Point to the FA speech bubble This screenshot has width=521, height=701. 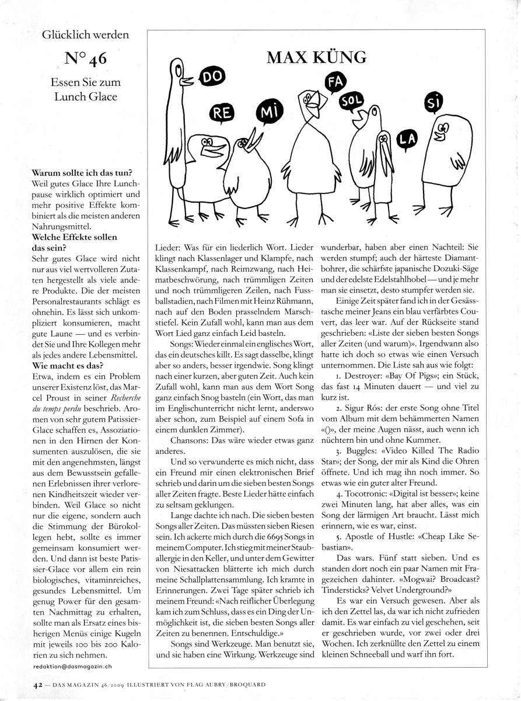(x=335, y=83)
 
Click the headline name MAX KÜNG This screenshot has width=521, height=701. (x=317, y=57)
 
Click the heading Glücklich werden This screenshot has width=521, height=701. (x=85, y=35)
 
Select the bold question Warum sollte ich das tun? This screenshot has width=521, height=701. (x=82, y=174)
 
